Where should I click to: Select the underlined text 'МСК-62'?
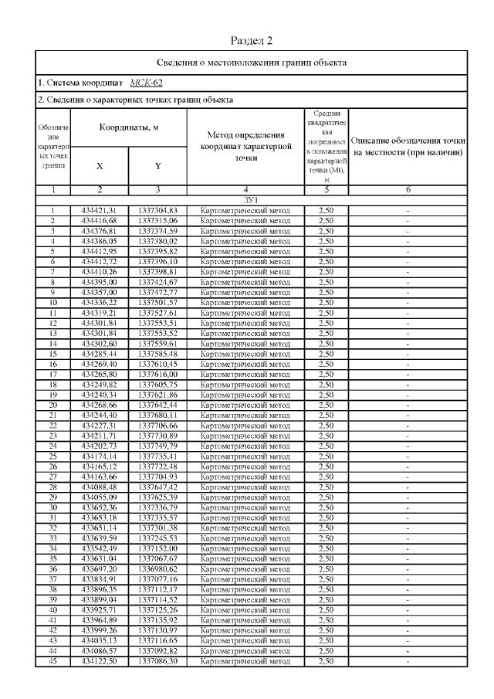point(146,82)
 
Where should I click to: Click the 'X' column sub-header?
point(99,165)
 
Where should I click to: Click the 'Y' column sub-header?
point(157,165)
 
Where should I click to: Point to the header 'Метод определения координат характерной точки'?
point(245,146)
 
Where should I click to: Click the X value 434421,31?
point(99,210)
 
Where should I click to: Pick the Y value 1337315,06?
point(157,220)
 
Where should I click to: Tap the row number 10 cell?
point(52,302)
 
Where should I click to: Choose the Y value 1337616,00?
point(157,373)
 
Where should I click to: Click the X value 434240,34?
point(99,394)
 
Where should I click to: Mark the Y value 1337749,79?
point(157,445)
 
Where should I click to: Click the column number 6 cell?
point(408,189)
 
